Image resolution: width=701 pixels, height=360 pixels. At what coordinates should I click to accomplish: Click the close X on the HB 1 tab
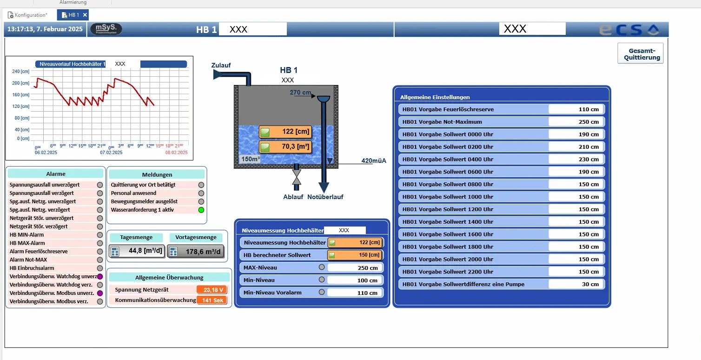85,15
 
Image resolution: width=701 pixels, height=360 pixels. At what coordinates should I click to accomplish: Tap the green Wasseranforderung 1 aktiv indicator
201,210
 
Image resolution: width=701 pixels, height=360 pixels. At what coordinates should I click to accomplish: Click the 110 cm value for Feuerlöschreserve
576,109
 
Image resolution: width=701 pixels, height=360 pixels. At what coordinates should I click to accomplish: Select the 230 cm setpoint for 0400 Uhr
576,159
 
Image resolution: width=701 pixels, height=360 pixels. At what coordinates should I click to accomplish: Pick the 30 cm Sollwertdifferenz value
576,284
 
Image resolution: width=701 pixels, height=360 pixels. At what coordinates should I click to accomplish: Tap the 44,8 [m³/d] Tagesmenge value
137,251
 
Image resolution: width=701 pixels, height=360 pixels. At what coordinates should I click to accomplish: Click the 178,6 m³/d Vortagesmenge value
196,252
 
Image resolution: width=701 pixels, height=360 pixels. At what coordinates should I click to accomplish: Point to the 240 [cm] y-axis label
20,72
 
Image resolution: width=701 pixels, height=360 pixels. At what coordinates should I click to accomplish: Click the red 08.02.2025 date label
177,153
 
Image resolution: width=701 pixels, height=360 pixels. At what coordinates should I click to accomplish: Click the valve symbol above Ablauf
296,177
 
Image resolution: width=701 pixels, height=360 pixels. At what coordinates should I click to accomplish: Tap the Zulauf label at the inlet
221,65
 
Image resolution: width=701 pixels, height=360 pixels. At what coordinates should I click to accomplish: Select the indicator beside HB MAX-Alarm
99,243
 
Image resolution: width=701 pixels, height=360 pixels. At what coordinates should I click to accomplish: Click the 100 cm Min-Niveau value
356,280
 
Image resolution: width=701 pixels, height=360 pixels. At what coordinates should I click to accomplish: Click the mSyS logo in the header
106,29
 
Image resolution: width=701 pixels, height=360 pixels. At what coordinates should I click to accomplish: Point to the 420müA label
374,161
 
